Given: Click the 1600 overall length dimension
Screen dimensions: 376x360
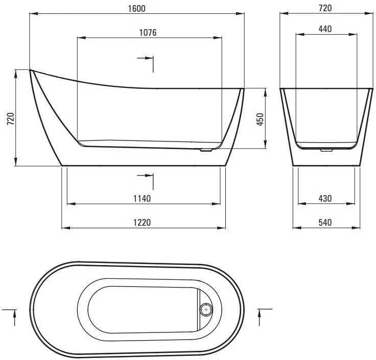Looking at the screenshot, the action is coord(137,9).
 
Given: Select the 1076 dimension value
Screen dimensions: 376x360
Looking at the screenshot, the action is coord(148,33).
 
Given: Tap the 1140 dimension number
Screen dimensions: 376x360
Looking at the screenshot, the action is coord(142,199).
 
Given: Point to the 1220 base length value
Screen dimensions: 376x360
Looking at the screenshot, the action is coord(142,223).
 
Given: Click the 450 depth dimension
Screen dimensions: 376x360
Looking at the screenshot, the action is coord(260,119).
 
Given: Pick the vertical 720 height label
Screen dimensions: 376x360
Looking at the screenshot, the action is coord(11,118).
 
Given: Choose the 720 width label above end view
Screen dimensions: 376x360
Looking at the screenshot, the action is coord(325,8).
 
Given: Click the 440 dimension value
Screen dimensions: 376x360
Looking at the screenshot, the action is coord(325,29).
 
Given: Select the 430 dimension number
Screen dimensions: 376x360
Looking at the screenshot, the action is coord(325,199).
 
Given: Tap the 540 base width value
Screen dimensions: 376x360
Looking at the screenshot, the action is coord(325,223).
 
